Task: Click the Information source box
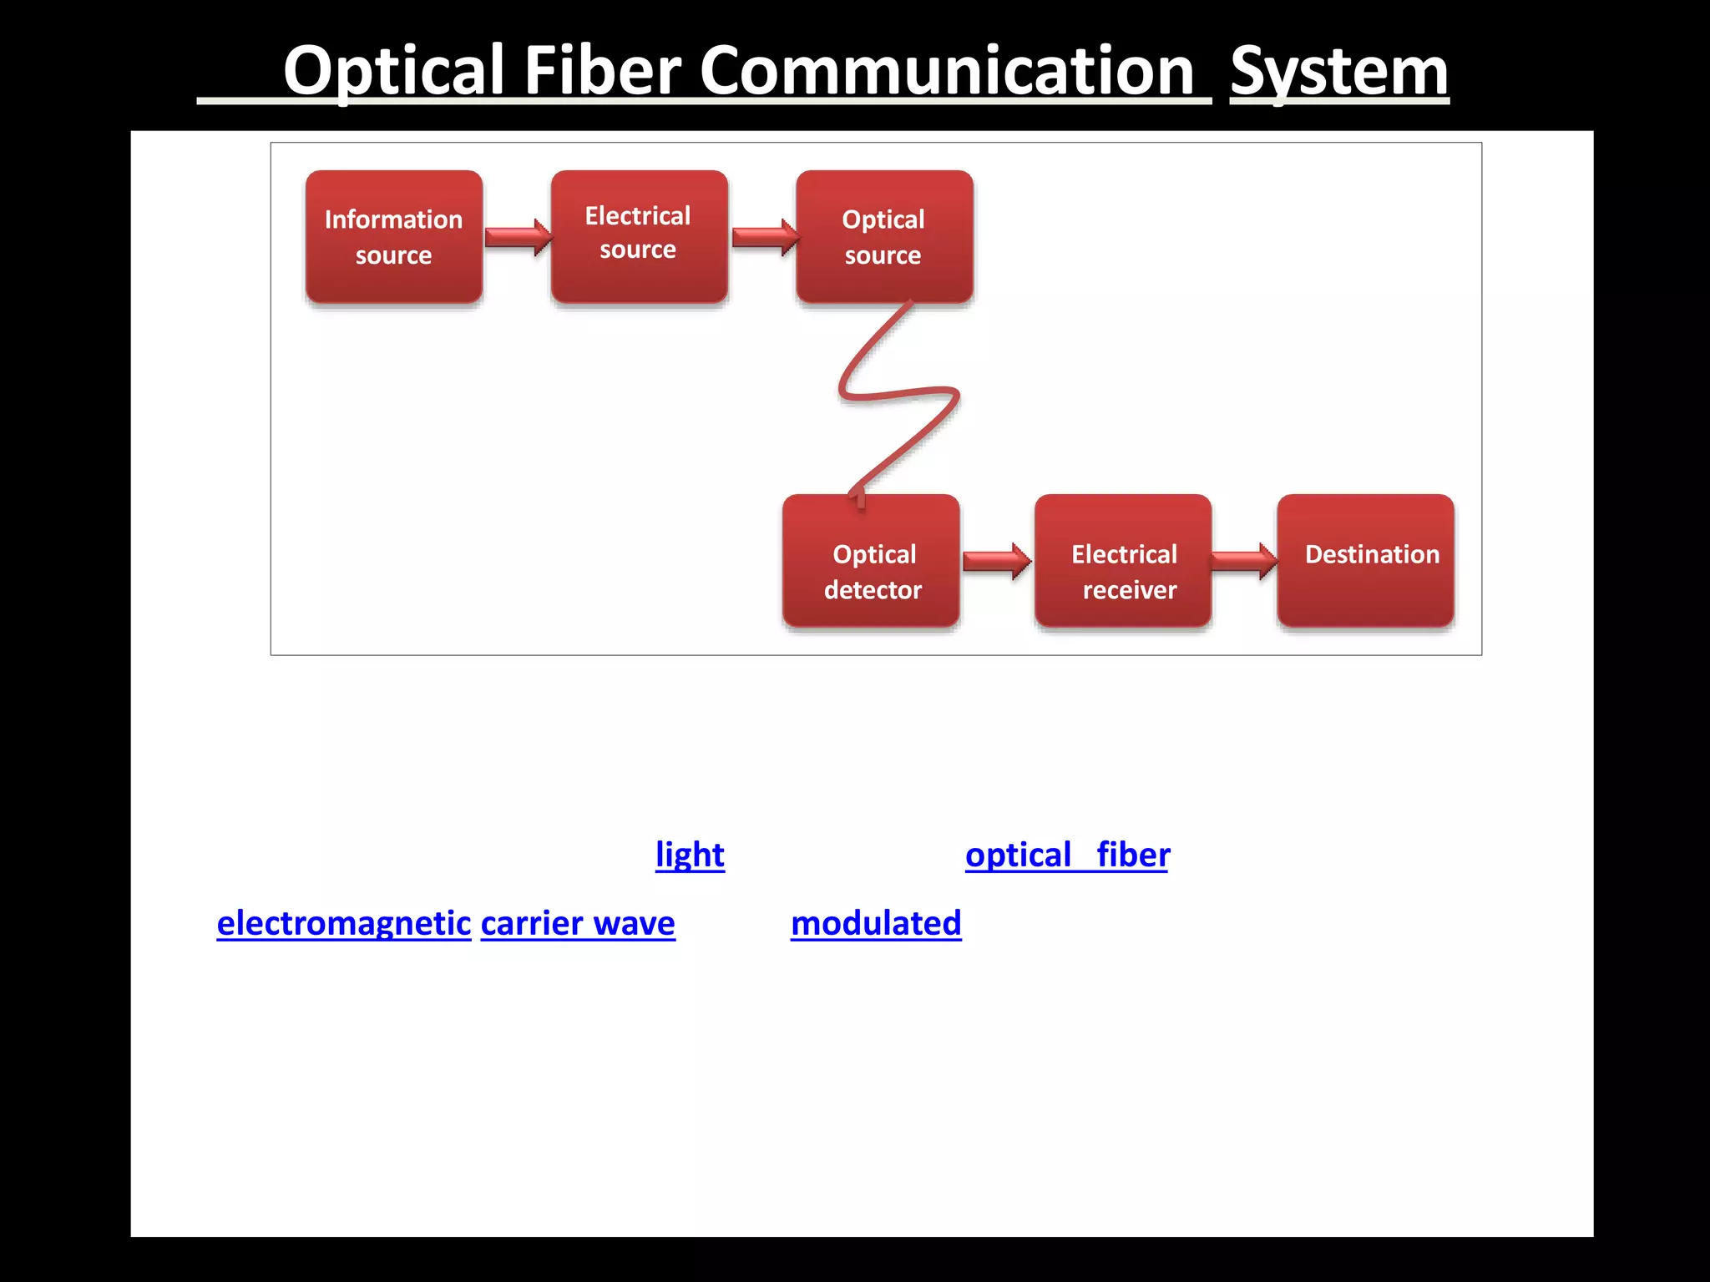[393, 237]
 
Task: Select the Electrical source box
[639, 236]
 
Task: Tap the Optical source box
[883, 237]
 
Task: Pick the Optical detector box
[871, 561]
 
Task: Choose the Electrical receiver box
[1122, 561]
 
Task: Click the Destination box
[1365, 561]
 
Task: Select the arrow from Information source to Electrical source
[518, 238]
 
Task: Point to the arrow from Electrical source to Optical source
[764, 238]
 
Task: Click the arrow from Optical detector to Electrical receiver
[996, 561]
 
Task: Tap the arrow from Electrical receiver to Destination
[1243, 561]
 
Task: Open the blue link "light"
[690, 856]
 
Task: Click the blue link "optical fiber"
[1067, 856]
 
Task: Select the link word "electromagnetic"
[344, 924]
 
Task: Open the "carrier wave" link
[578, 924]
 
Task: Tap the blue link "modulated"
[876, 924]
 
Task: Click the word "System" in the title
[1339, 73]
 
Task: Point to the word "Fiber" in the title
[602, 73]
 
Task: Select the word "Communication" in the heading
[948, 73]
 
